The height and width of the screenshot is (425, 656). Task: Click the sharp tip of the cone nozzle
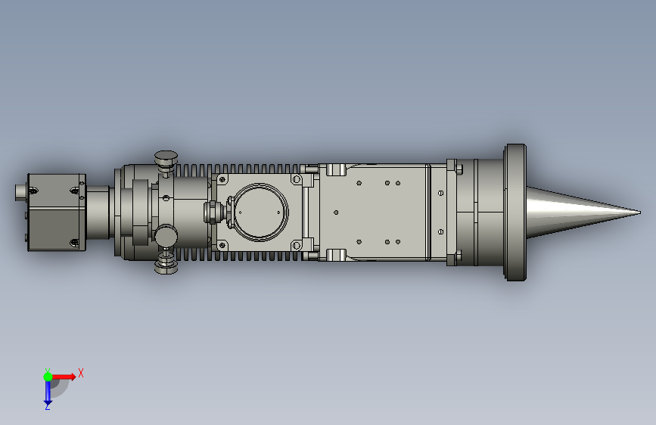(640, 212)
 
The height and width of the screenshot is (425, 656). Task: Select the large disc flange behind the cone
(516, 212)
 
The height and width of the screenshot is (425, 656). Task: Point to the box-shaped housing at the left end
(57, 212)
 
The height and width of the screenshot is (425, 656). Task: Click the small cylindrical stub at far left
(21, 192)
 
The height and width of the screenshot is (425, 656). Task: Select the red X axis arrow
(64, 377)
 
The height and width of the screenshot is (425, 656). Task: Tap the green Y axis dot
(48, 377)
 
